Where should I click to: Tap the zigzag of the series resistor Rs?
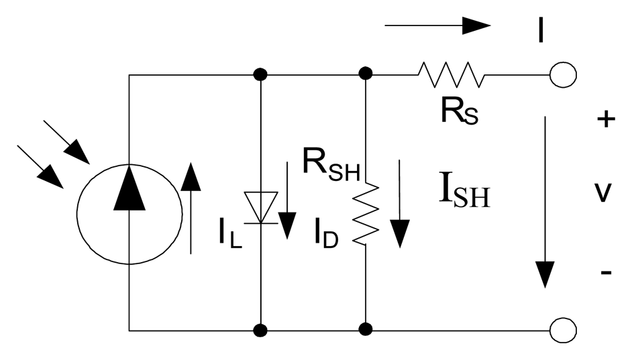pos(450,74)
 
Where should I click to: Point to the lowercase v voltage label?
pos(604,194)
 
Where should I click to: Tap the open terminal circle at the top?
pos(563,74)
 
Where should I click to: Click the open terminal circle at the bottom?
pos(563,330)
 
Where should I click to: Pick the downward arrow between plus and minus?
pos(545,201)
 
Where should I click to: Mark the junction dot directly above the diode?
pos(260,74)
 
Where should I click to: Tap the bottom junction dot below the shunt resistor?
pos(366,330)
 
